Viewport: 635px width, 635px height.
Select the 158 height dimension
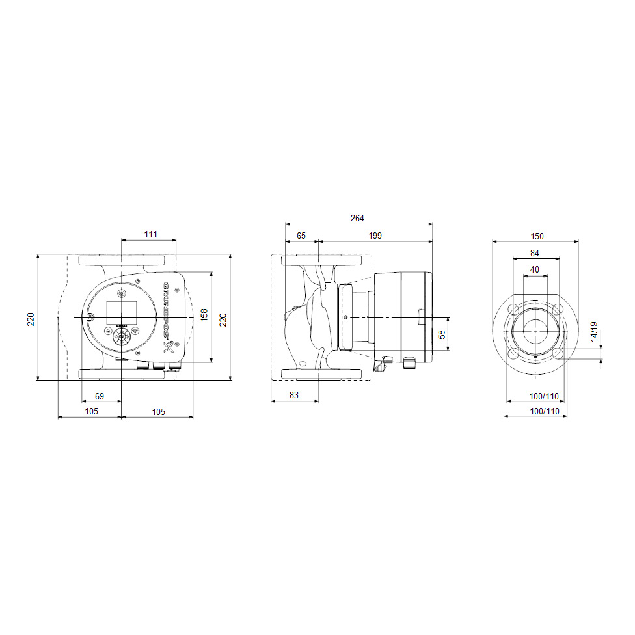[204, 316]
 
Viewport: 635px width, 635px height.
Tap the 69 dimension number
[100, 396]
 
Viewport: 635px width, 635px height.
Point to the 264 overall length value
[358, 218]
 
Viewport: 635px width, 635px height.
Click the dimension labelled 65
[301, 235]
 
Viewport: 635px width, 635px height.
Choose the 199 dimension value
[375, 235]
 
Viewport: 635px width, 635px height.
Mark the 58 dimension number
[442, 334]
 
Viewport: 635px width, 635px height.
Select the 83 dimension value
[294, 396]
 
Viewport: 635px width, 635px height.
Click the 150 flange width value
[537, 236]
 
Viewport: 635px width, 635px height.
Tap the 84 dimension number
[535, 253]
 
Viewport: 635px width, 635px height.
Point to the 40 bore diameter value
[535, 269]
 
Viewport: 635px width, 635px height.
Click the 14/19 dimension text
[593, 331]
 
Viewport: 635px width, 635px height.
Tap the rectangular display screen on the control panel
[120, 309]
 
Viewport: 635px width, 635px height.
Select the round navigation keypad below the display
[120, 336]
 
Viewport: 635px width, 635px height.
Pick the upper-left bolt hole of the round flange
[513, 308]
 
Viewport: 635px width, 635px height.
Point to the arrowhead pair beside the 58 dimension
[448, 334]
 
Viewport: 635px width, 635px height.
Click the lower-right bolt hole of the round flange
[557, 353]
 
